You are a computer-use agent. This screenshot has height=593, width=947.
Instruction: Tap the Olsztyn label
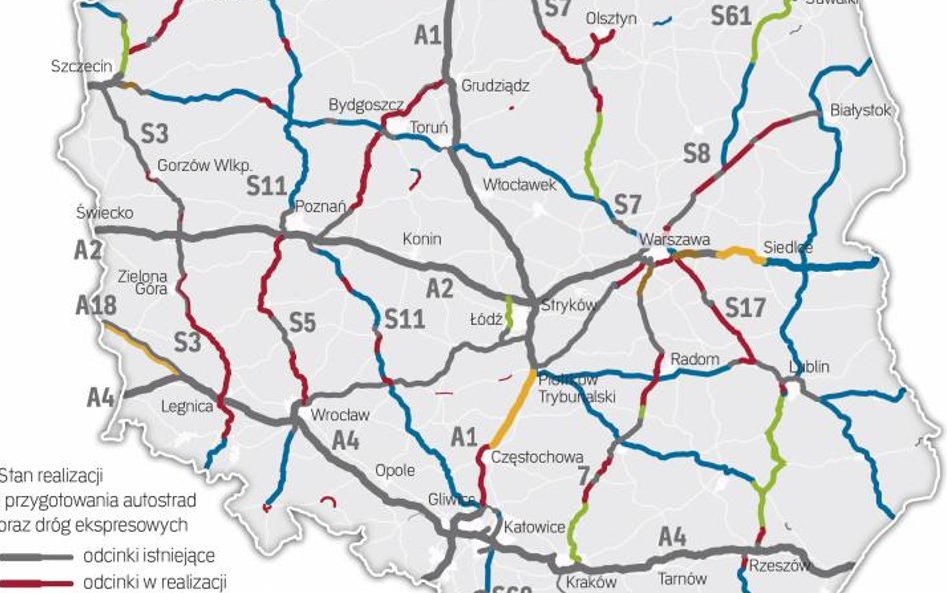[612, 18]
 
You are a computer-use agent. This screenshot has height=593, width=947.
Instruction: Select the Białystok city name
[860, 111]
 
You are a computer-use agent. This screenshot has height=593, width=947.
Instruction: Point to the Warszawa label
[675, 241]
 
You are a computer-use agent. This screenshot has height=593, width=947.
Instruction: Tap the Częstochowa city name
[537, 457]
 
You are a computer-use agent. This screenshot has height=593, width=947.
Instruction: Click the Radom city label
[688, 358]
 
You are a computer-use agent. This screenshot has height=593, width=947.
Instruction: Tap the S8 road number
[697, 153]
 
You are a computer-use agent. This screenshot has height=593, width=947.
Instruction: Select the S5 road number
[302, 321]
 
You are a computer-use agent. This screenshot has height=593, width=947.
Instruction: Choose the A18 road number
[96, 306]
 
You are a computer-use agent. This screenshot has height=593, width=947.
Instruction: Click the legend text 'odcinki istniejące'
[149, 555]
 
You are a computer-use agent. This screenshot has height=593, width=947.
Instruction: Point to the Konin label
[421, 239]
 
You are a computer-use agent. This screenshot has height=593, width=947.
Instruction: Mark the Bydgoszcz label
[366, 105]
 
